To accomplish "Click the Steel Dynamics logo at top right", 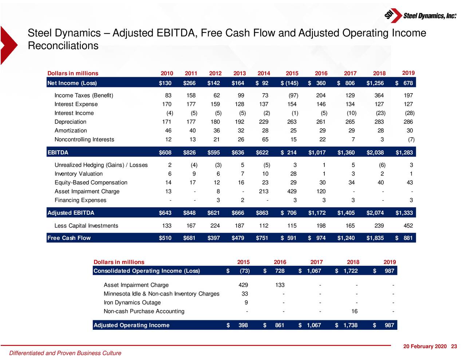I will (420, 15).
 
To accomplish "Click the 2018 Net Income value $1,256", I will (375, 83).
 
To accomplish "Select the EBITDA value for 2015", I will (289, 153).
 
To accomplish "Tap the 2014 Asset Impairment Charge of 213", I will (264, 191).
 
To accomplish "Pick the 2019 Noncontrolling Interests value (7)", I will (411, 139).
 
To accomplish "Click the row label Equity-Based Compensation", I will (91, 183).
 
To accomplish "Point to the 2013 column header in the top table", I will (240, 73).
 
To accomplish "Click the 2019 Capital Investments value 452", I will (408, 226).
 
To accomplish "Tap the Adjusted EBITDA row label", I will (71, 213).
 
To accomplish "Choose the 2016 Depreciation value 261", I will (321, 122).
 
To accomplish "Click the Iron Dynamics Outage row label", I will (132, 302).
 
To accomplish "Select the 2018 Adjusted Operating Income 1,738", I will (350, 325).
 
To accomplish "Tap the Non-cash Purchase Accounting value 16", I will (354, 311).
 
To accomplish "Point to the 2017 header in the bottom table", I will (316, 262).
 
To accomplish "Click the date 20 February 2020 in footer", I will (425, 347).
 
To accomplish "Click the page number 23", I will (454, 347).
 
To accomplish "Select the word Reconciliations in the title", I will (63, 46).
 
